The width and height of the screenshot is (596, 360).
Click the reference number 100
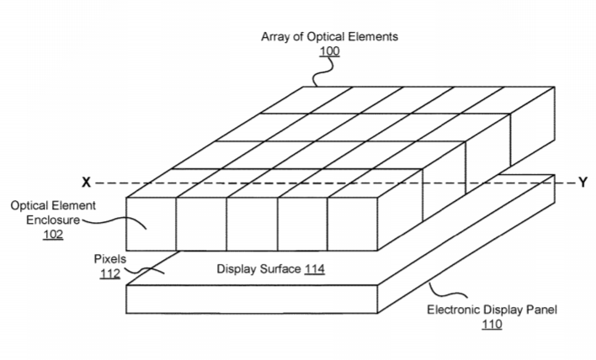pos(329,50)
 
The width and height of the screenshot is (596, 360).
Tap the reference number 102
pos(53,235)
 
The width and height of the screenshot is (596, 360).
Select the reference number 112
pos(109,273)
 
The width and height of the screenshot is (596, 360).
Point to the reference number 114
pos(314,269)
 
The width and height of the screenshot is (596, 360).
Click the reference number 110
pos(492,325)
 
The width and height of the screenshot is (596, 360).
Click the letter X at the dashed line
pos(86,183)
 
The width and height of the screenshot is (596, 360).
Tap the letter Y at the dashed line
pos(583,183)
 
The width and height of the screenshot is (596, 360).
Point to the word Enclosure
pos(53,220)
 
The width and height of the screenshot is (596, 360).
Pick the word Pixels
pos(109,259)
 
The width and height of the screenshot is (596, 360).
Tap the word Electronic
pos(452,310)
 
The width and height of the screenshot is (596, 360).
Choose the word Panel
pos(541,310)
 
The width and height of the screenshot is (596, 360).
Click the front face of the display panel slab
pos(252,299)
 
